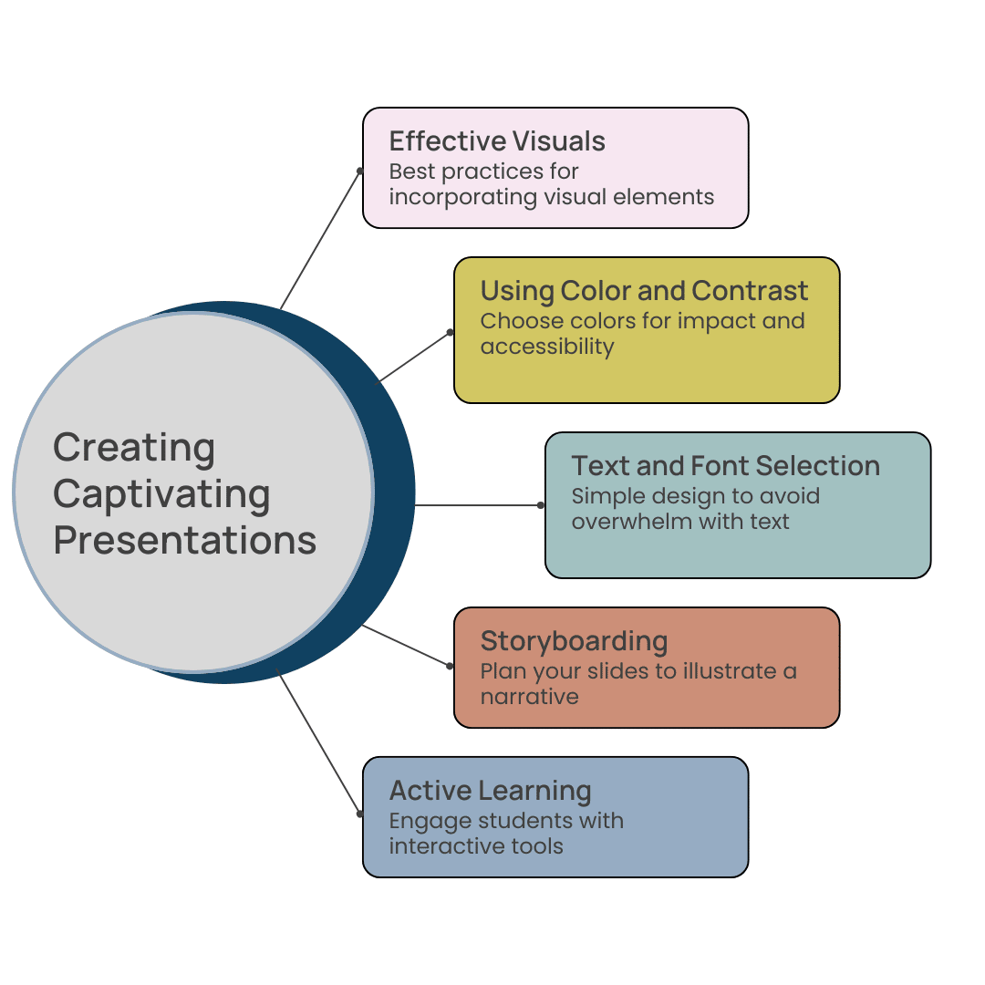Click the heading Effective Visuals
[497, 141]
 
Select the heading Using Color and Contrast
[644, 291]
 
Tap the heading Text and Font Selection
[725, 466]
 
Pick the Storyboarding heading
[574, 641]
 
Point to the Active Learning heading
[490, 791]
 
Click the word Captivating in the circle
[161, 494]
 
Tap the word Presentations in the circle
[184, 540]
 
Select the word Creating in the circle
[134, 448]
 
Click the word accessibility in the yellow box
[546, 347]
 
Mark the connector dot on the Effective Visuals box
[360, 171]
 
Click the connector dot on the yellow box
[451, 332]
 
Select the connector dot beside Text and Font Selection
[541, 504]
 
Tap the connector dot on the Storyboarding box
[451, 666]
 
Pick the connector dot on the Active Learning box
[360, 814]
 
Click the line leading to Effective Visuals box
[320, 240]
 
